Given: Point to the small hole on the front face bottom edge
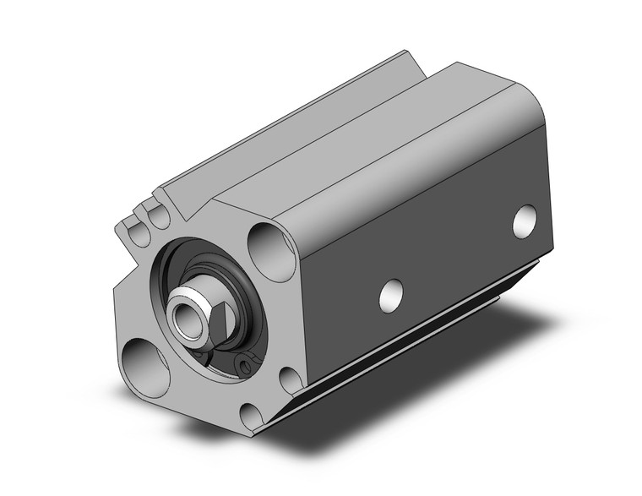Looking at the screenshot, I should tap(250, 415).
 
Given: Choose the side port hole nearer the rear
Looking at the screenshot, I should tap(525, 220).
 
